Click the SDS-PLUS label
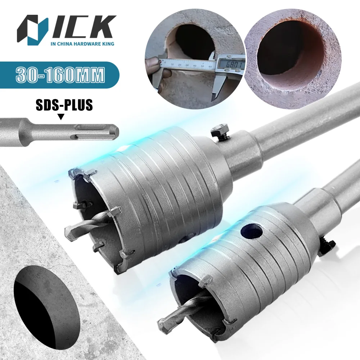pos(64,105)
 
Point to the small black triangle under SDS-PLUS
pos(61,117)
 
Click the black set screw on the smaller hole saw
pos(328,247)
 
